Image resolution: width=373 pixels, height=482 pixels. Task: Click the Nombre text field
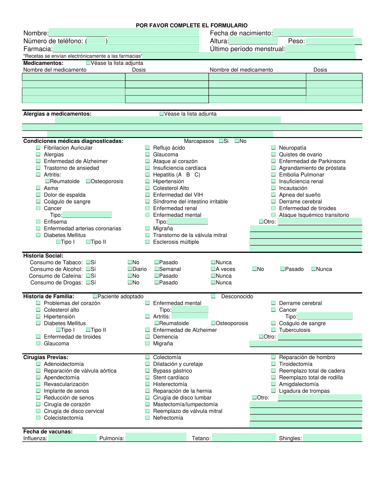tap(123, 32)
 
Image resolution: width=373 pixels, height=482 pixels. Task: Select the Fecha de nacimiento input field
tap(313, 32)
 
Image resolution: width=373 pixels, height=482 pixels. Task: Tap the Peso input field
tap(334, 41)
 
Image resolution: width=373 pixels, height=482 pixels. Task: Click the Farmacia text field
tap(126, 49)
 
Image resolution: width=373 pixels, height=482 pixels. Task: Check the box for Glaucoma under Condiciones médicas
tap(148, 154)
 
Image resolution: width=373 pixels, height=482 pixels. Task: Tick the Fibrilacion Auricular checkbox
tap(38, 148)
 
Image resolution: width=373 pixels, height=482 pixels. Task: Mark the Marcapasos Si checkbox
tap(221, 141)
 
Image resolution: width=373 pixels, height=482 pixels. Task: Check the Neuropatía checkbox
tap(274, 148)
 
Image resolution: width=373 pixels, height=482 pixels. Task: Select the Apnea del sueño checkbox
tap(274, 195)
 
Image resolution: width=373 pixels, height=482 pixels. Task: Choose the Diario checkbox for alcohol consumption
tap(130, 269)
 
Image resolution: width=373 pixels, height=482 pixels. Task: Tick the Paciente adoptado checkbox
tap(95, 296)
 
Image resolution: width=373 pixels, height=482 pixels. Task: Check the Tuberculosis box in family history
tap(274, 330)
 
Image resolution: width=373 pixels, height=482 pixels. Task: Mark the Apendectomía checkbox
tap(38, 377)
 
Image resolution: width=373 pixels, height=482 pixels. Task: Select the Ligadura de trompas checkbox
tap(274, 391)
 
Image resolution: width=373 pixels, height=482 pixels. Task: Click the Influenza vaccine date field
tap(72, 438)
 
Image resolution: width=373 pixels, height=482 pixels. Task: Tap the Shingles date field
tap(332, 438)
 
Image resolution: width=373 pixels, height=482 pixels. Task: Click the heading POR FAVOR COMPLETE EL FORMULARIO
tap(192, 25)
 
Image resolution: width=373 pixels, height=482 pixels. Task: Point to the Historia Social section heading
tap(43, 256)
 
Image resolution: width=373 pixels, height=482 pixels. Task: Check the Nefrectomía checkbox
tap(148, 418)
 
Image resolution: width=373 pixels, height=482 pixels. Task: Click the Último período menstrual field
tap(320, 49)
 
